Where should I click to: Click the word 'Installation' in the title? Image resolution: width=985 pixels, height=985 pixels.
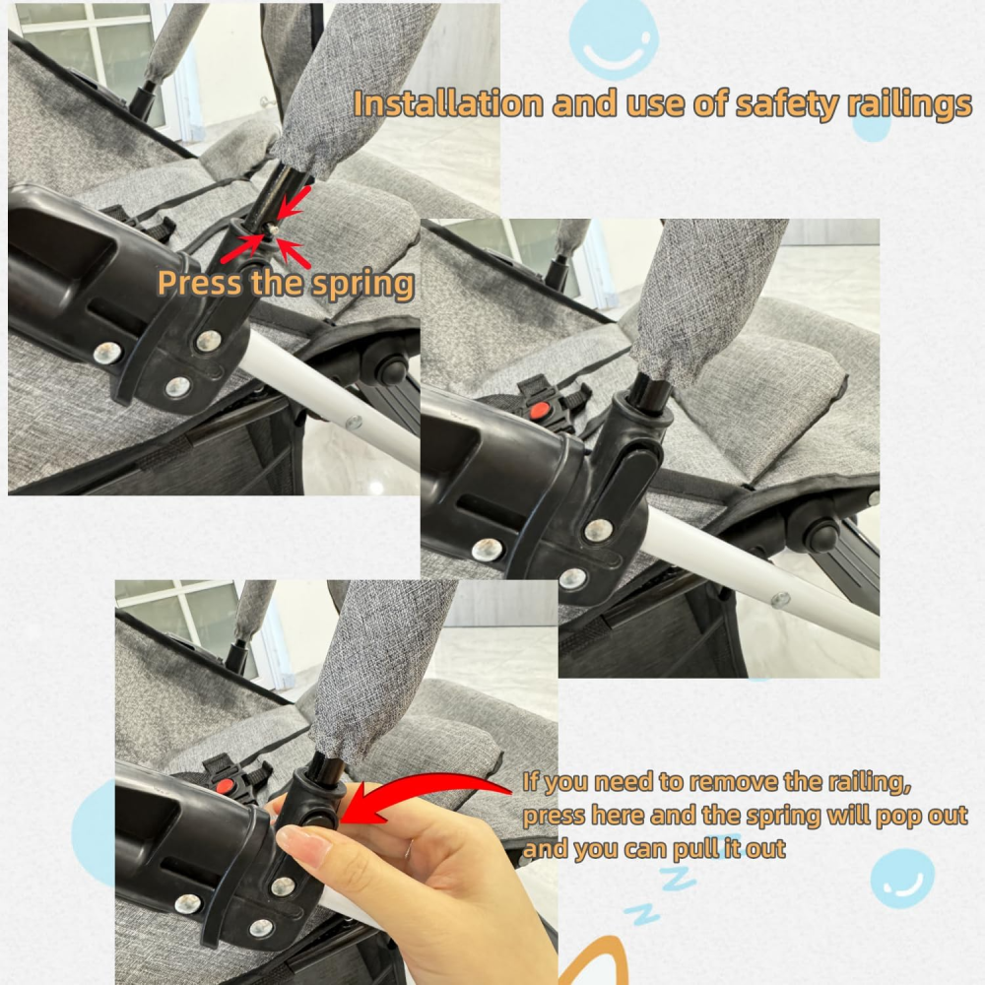[448, 103]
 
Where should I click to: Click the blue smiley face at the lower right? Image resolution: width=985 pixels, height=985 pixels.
[902, 879]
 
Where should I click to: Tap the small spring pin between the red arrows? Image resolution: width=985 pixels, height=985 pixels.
[273, 230]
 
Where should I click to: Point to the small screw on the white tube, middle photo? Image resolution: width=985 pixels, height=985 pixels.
[780, 599]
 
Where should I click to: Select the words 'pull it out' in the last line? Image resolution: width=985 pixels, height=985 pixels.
[729, 849]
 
